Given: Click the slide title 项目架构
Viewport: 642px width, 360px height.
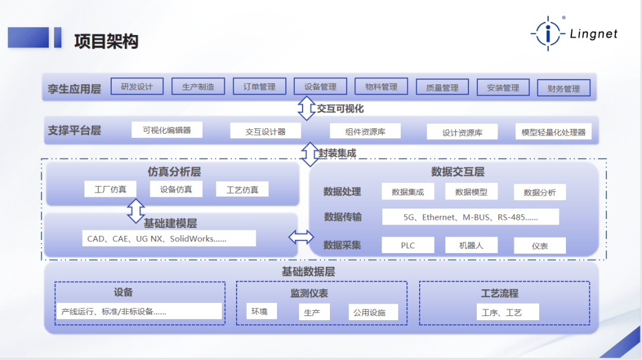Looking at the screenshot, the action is tap(106, 42).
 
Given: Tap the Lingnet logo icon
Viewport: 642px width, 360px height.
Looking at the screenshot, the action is tap(548, 33).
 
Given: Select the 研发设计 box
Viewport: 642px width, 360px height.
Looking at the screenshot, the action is tap(137, 86).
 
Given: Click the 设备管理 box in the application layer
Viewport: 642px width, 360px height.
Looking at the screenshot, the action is tap(320, 86).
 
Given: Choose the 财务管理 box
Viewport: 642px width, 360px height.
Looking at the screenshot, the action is tap(564, 88).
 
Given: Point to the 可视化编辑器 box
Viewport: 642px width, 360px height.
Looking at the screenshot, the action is tap(166, 130).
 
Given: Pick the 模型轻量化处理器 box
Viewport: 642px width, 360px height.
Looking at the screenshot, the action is tap(553, 132).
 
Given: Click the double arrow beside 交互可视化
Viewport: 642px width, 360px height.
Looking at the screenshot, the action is tap(306, 108).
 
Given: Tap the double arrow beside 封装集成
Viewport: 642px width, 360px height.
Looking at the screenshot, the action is tap(310, 154).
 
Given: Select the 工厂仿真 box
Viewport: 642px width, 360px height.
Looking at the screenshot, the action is tap(110, 190).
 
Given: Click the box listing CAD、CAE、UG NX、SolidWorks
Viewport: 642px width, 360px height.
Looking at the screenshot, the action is tap(169, 238).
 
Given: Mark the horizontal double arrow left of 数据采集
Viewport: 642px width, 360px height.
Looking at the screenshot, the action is tap(301, 237).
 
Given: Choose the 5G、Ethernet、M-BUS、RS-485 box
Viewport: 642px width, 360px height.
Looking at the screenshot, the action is tap(470, 217).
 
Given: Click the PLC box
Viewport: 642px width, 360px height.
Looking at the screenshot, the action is tap(408, 245).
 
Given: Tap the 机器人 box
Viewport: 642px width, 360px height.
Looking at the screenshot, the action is tap(471, 245).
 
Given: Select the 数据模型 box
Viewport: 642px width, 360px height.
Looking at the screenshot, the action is tap(471, 191).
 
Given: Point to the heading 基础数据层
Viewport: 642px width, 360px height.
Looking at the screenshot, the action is tap(309, 271).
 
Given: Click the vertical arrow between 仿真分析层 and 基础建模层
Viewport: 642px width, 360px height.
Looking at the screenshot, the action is tap(136, 211).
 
